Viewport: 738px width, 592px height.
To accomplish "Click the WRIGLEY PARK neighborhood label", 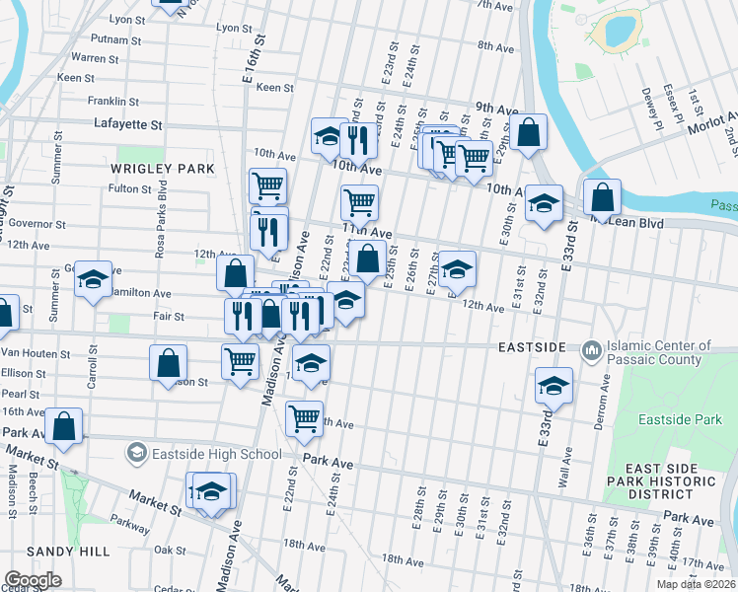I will pos(163,169).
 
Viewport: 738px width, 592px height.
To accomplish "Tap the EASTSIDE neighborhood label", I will pos(532,348).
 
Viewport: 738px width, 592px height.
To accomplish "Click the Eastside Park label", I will pos(680,420).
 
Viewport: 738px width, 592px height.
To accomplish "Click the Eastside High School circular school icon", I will pos(136,453).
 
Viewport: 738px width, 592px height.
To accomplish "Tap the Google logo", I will pos(34,579).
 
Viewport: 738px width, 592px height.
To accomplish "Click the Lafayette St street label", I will pos(127,124).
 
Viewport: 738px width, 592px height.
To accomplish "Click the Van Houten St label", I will pos(34,353).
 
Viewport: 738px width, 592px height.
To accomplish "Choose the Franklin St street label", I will pos(113,101).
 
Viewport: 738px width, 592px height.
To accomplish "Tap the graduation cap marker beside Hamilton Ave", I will pos(93,279).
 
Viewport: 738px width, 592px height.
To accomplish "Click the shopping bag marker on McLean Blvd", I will pos(602,197).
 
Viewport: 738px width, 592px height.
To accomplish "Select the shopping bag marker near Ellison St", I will pos(169,362).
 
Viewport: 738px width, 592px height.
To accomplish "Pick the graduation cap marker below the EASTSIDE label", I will pos(554,386).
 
